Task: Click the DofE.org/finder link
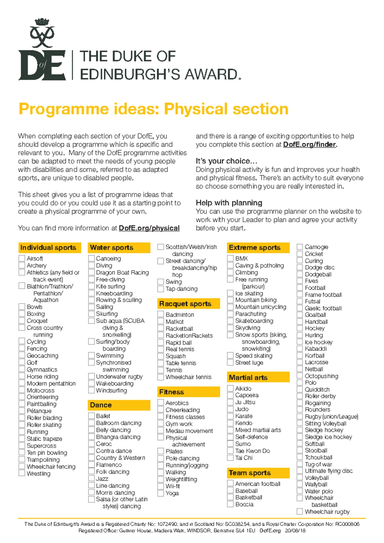(x=309, y=145)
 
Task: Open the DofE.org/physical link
(x=149, y=228)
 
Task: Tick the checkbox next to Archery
(x=22, y=265)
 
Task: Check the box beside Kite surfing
(x=92, y=286)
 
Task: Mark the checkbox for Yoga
(x=161, y=493)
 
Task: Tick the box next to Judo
(x=230, y=409)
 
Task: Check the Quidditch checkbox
(x=300, y=389)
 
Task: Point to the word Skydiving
(x=248, y=328)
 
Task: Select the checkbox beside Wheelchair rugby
(x=300, y=512)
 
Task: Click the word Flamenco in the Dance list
(x=109, y=465)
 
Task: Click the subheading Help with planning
(x=229, y=203)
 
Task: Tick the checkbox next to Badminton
(x=161, y=315)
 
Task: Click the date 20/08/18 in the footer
(x=295, y=531)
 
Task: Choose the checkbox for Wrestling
(x=22, y=474)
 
